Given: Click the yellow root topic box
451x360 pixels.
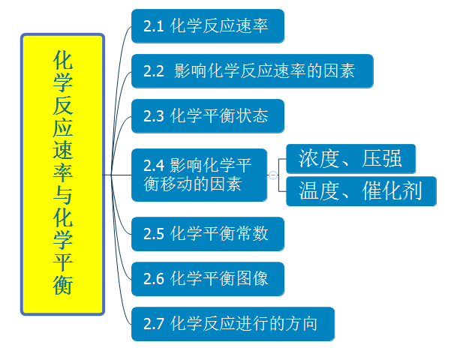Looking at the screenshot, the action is (x=62, y=174).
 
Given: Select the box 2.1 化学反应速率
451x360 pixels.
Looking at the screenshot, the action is (x=208, y=26).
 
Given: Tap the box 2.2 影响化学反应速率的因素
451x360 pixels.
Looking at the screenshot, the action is (x=252, y=71).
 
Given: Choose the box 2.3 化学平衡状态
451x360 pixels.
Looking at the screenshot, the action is (x=208, y=116).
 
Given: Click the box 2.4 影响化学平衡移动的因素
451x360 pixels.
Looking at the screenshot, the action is (x=199, y=175).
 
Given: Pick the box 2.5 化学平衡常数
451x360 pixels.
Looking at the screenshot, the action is (x=208, y=234).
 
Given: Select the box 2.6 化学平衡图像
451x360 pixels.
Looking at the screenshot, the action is (x=208, y=279).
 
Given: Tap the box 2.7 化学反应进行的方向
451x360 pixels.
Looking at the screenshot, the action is (x=233, y=324).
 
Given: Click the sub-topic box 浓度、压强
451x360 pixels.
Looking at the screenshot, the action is (x=351, y=159).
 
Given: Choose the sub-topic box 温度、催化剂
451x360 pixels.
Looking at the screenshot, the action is (x=361, y=191).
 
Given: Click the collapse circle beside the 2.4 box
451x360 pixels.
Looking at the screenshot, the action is (x=273, y=175).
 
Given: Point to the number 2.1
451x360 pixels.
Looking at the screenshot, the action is (x=154, y=26).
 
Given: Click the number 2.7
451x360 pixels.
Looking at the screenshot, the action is (x=154, y=324).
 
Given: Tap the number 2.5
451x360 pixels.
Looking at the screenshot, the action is (x=154, y=234).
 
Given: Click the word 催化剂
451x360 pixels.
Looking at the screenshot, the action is (x=392, y=190).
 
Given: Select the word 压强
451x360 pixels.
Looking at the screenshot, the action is (x=381, y=158).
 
